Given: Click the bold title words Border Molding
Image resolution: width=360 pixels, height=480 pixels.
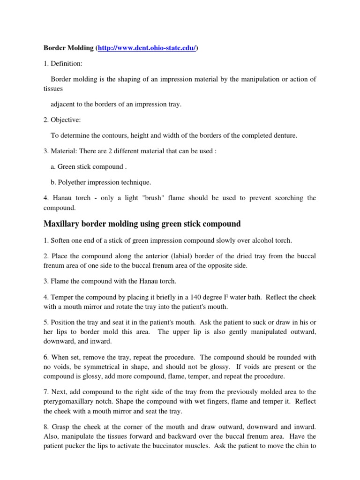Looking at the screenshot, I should coord(68,48).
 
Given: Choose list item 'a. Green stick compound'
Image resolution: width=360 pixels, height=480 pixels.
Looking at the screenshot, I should coord(82,166).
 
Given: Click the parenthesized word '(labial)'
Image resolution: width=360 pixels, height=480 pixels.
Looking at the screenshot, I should coord(169,256).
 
